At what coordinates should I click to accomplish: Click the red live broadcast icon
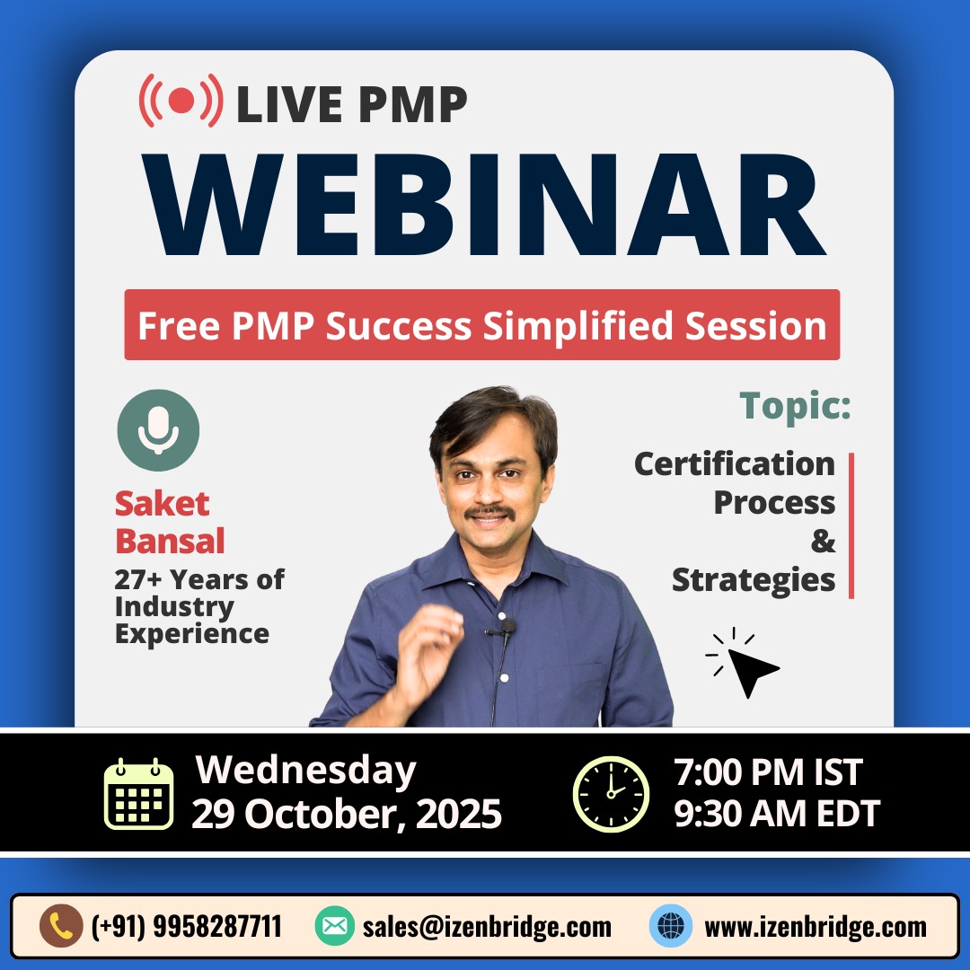tap(181, 101)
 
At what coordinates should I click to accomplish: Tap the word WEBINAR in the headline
tap(484, 205)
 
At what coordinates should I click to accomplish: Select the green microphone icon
tap(158, 430)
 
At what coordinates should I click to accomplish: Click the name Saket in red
tap(162, 504)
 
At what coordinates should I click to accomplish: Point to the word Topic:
tap(796, 407)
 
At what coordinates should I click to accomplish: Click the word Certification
tap(735, 464)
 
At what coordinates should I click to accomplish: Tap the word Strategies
tap(754, 580)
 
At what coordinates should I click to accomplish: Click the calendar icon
tap(138, 794)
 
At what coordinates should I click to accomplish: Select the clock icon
tap(612, 794)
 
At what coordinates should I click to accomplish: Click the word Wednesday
tap(305, 771)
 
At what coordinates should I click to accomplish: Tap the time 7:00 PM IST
tap(768, 772)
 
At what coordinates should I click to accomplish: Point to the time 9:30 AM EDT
tap(777, 814)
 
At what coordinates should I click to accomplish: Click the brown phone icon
tap(61, 926)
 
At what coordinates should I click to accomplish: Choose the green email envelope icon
tap(335, 926)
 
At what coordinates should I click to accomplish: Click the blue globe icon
tap(671, 926)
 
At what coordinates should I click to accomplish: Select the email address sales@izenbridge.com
tap(487, 927)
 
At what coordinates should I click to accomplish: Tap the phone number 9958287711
tap(217, 927)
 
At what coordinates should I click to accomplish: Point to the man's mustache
tap(489, 511)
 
